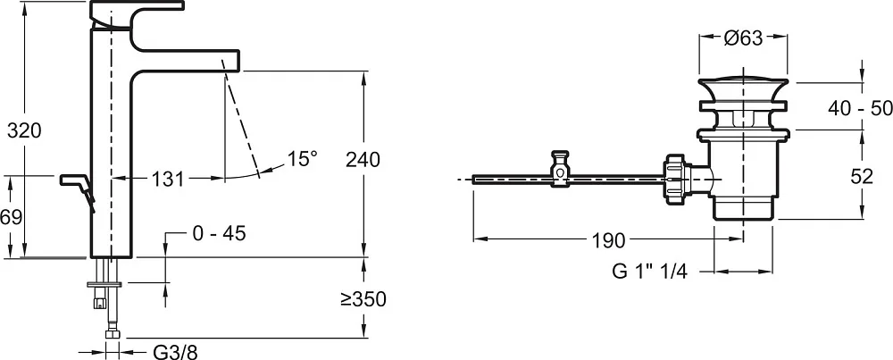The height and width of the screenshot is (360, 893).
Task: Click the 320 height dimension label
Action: pyautogui.click(x=24, y=130)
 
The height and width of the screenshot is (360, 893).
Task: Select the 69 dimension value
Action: pyautogui.click(x=12, y=217)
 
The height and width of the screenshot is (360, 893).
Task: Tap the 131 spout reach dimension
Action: pyautogui.click(x=168, y=180)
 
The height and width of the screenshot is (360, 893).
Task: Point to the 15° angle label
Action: pyautogui.click(x=301, y=158)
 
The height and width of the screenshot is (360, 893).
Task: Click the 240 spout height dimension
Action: pyautogui.click(x=363, y=160)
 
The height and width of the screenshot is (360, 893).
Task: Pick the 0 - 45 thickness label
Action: pyautogui.click(x=220, y=232)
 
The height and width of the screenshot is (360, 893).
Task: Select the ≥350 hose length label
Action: pyautogui.click(x=363, y=299)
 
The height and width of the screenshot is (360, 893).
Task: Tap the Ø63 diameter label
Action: pyautogui.click(x=743, y=38)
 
